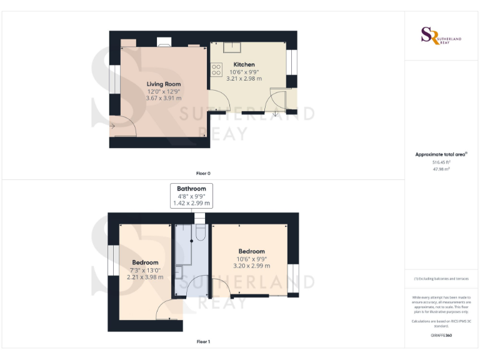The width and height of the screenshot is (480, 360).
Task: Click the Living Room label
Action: coord(164,84)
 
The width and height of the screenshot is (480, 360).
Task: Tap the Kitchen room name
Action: coord(244,64)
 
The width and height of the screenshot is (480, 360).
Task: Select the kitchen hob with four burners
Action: coord(217,69)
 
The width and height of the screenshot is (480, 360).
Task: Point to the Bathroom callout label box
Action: coord(191,196)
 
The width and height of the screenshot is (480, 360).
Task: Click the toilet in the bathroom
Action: coord(199,231)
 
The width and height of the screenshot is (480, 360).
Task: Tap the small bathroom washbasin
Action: coord(178,272)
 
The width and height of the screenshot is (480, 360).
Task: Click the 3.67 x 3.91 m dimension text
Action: coord(164,98)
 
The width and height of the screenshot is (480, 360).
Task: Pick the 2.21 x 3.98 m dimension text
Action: coord(145,277)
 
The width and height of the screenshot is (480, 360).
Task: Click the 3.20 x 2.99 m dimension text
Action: coord(251,266)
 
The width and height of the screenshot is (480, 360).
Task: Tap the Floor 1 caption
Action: coord(203,341)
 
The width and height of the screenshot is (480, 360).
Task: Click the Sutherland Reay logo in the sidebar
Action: coord(441,36)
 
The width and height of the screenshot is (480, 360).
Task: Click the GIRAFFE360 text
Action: coord(441,336)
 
